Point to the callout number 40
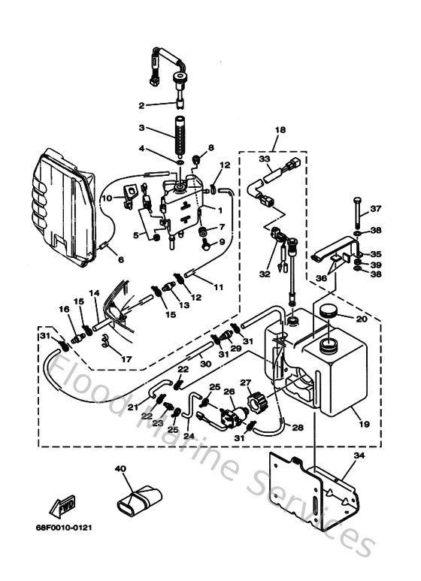tap(120, 469)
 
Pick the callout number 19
tap(365, 423)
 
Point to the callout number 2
tap(141, 104)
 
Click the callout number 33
tap(264, 159)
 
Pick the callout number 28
tap(298, 428)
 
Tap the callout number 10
tap(108, 198)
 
